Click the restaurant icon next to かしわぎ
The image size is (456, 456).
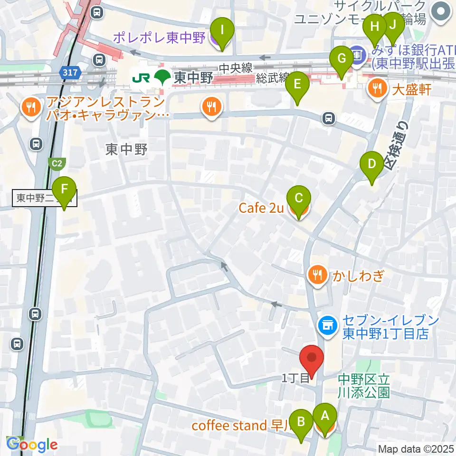click(x=316, y=275)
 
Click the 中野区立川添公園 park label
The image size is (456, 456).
click(x=364, y=386)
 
